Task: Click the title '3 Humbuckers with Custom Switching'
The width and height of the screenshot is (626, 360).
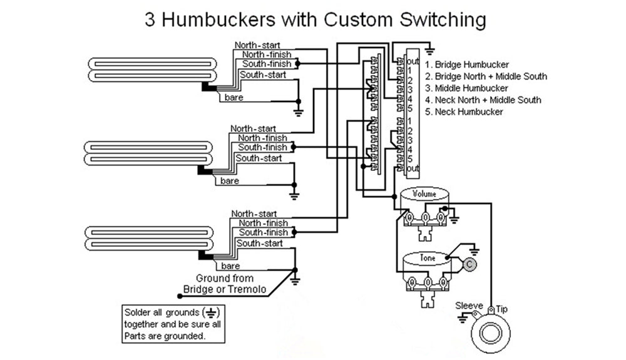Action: [x=315, y=19]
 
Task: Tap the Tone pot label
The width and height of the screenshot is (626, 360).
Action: [x=427, y=257]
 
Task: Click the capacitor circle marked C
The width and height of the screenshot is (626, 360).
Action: [x=469, y=265]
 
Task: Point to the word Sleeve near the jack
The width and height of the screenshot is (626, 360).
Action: [x=469, y=306]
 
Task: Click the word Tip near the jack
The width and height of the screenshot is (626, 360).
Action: [x=502, y=309]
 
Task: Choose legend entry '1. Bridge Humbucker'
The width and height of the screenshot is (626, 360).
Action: [x=466, y=64]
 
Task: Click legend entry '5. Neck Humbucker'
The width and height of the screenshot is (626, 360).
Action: [x=464, y=112]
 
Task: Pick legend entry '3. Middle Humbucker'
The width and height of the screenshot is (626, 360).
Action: [x=466, y=88]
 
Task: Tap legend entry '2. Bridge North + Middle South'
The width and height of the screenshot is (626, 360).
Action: [x=486, y=76]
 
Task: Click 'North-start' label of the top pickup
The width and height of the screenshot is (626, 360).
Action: [x=257, y=45]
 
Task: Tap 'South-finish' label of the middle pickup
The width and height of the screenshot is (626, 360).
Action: [x=262, y=148]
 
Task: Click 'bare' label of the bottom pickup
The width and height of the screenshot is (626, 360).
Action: [x=230, y=266]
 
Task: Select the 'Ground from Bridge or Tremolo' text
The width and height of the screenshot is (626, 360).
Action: [x=225, y=284]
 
